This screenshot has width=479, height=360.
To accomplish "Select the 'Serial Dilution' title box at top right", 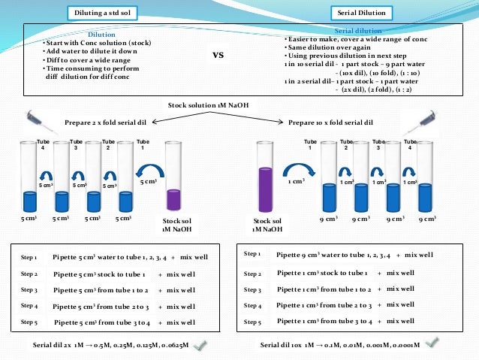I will click(362, 14).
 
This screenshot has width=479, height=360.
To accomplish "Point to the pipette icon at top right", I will click(426, 120).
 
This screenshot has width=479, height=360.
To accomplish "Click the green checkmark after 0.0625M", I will click(200, 344).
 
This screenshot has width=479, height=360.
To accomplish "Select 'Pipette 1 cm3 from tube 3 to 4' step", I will click(325, 321).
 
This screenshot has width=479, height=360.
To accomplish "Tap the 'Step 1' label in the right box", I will click(253, 255).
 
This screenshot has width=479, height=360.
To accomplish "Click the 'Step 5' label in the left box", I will click(29, 322).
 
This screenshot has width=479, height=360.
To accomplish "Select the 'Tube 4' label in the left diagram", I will click(42, 144).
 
